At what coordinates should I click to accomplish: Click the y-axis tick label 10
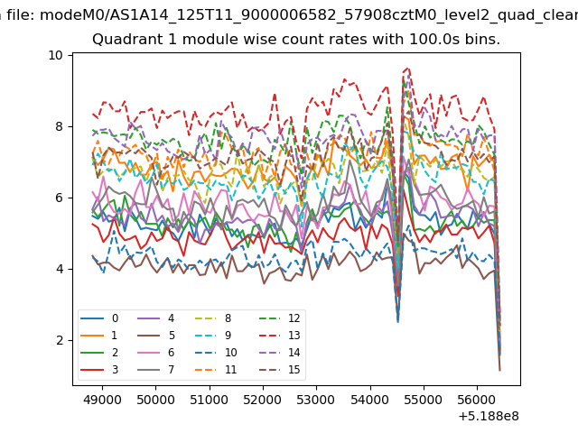[55, 55]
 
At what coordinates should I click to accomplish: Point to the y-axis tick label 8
[60, 126]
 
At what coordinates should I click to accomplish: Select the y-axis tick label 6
[60, 198]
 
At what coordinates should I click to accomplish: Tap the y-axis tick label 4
[60, 269]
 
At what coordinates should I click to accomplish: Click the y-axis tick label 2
[60, 341]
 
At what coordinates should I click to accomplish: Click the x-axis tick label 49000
[102, 400]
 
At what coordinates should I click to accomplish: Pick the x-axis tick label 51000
[209, 400]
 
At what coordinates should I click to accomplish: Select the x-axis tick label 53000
[316, 400]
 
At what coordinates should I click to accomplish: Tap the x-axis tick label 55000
[424, 400]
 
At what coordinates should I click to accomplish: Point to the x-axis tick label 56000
[477, 400]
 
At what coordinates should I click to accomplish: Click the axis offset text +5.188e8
[489, 417]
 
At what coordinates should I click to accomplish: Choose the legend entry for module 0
[99, 318]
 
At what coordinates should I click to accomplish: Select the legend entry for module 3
[99, 370]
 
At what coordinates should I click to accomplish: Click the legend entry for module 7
[155, 370]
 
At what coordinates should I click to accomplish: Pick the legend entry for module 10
[215, 353]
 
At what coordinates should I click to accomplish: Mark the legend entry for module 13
[279, 336]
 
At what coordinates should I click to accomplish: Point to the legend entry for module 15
[279, 370]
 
